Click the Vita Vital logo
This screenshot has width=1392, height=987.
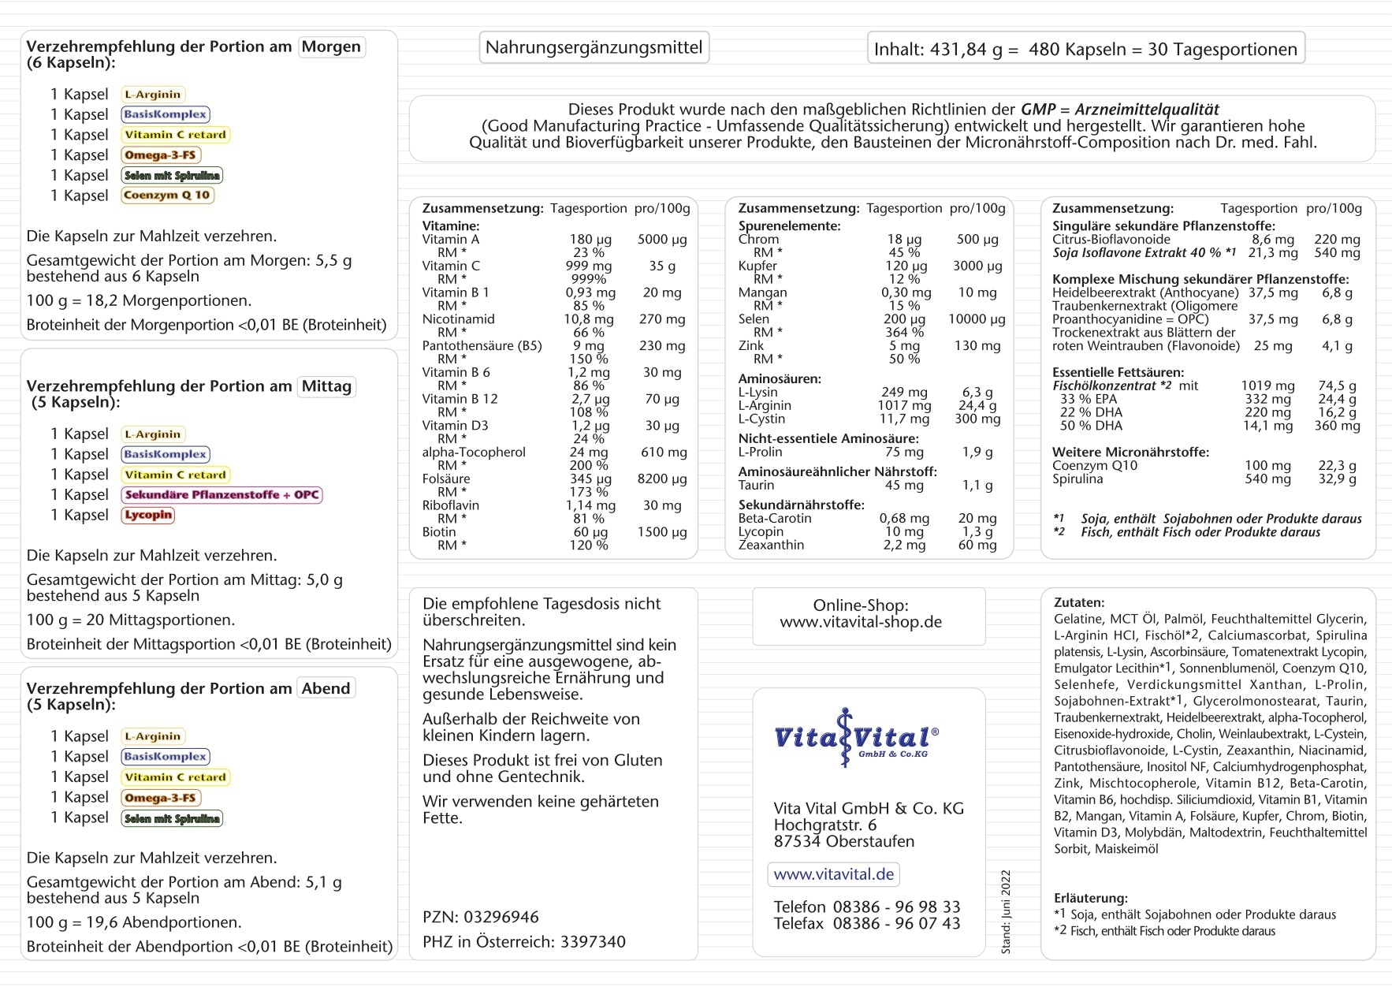(856, 738)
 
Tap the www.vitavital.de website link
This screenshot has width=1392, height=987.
(833, 874)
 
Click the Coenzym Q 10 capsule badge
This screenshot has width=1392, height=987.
(167, 196)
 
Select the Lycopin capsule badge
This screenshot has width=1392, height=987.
(148, 516)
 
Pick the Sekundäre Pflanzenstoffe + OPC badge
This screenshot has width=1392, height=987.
(221, 495)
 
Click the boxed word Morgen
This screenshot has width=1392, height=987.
(331, 47)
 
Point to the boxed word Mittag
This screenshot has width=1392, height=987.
(326, 386)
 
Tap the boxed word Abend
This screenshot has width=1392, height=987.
(326, 688)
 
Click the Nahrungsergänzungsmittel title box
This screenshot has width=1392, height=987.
(594, 47)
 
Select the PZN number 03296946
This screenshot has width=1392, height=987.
(501, 918)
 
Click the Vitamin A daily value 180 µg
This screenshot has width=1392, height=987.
(590, 240)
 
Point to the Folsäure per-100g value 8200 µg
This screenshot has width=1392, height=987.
(662, 479)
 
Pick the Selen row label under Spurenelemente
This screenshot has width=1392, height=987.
(754, 319)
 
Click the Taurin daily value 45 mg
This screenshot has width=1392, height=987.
(904, 486)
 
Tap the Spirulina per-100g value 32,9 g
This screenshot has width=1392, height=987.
(1337, 479)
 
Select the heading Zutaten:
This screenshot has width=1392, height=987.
(1079, 602)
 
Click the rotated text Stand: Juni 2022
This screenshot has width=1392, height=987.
(1006, 912)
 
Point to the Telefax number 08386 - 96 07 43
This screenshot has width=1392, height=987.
(896, 924)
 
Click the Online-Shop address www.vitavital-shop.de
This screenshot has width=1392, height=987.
(861, 622)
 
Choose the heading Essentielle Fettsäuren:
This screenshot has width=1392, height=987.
(1118, 372)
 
